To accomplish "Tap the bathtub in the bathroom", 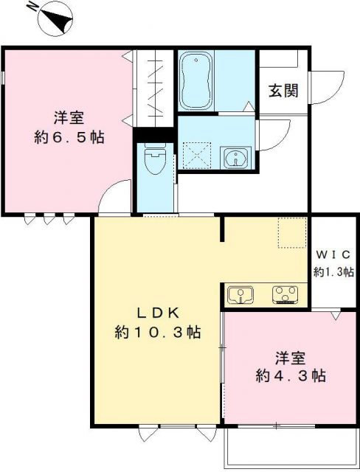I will point(197,80).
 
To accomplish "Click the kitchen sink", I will point(240,295).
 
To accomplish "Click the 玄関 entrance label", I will point(283,91).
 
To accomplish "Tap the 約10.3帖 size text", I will point(157,332).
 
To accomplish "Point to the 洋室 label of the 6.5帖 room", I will point(67,117).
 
